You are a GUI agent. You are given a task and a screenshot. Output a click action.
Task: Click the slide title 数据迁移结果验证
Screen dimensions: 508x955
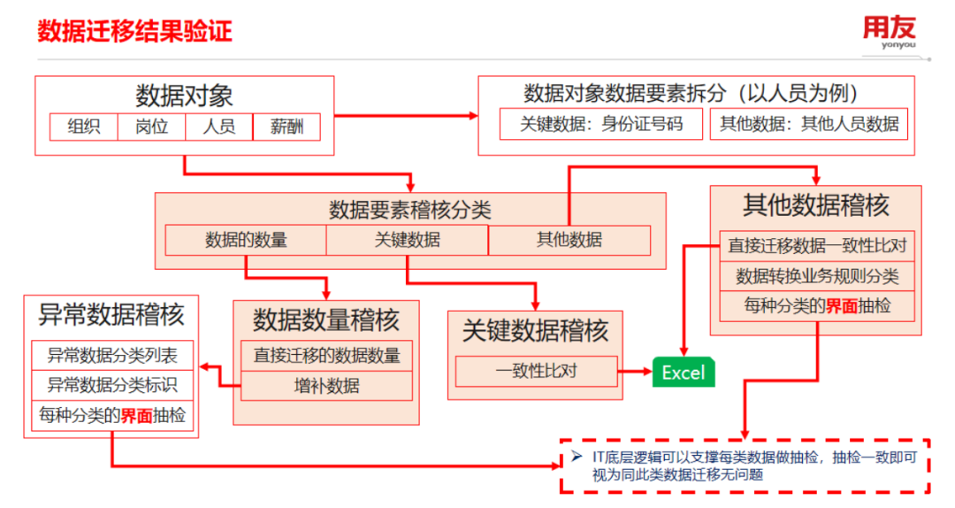click(x=134, y=33)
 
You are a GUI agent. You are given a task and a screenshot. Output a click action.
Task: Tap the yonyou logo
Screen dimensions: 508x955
click(x=890, y=34)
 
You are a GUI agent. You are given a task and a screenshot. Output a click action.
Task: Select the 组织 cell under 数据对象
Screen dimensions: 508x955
click(x=84, y=127)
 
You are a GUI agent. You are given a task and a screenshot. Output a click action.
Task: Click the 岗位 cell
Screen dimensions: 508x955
click(x=152, y=127)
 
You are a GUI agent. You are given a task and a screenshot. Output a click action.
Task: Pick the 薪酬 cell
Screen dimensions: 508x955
click(x=286, y=127)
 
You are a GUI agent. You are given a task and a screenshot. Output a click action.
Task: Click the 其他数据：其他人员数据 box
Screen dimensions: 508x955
click(x=809, y=124)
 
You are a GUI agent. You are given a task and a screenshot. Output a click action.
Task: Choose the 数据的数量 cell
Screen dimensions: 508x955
click(x=246, y=240)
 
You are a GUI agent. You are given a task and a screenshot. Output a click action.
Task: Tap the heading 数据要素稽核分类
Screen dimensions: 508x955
click(x=409, y=210)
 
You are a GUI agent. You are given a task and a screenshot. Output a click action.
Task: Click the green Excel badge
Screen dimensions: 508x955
click(x=684, y=372)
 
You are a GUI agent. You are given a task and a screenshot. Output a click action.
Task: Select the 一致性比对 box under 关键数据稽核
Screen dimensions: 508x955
click(x=536, y=371)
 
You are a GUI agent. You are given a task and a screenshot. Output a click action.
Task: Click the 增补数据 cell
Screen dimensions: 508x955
click(x=326, y=385)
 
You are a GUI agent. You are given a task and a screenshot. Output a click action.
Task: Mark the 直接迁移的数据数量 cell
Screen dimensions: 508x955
click(x=326, y=356)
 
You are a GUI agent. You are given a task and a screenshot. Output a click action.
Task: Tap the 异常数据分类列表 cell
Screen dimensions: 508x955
click(x=112, y=356)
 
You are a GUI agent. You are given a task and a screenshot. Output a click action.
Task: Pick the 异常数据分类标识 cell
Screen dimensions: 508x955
click(x=112, y=385)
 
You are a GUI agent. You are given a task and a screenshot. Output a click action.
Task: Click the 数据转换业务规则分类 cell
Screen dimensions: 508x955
click(x=816, y=276)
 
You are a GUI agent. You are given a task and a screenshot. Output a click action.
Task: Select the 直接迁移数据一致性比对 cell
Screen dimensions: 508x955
click(x=816, y=245)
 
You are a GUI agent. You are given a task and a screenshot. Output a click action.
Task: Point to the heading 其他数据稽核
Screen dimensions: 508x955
click(x=815, y=205)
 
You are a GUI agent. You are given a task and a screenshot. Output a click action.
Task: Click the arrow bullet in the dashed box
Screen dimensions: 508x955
click(x=576, y=458)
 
